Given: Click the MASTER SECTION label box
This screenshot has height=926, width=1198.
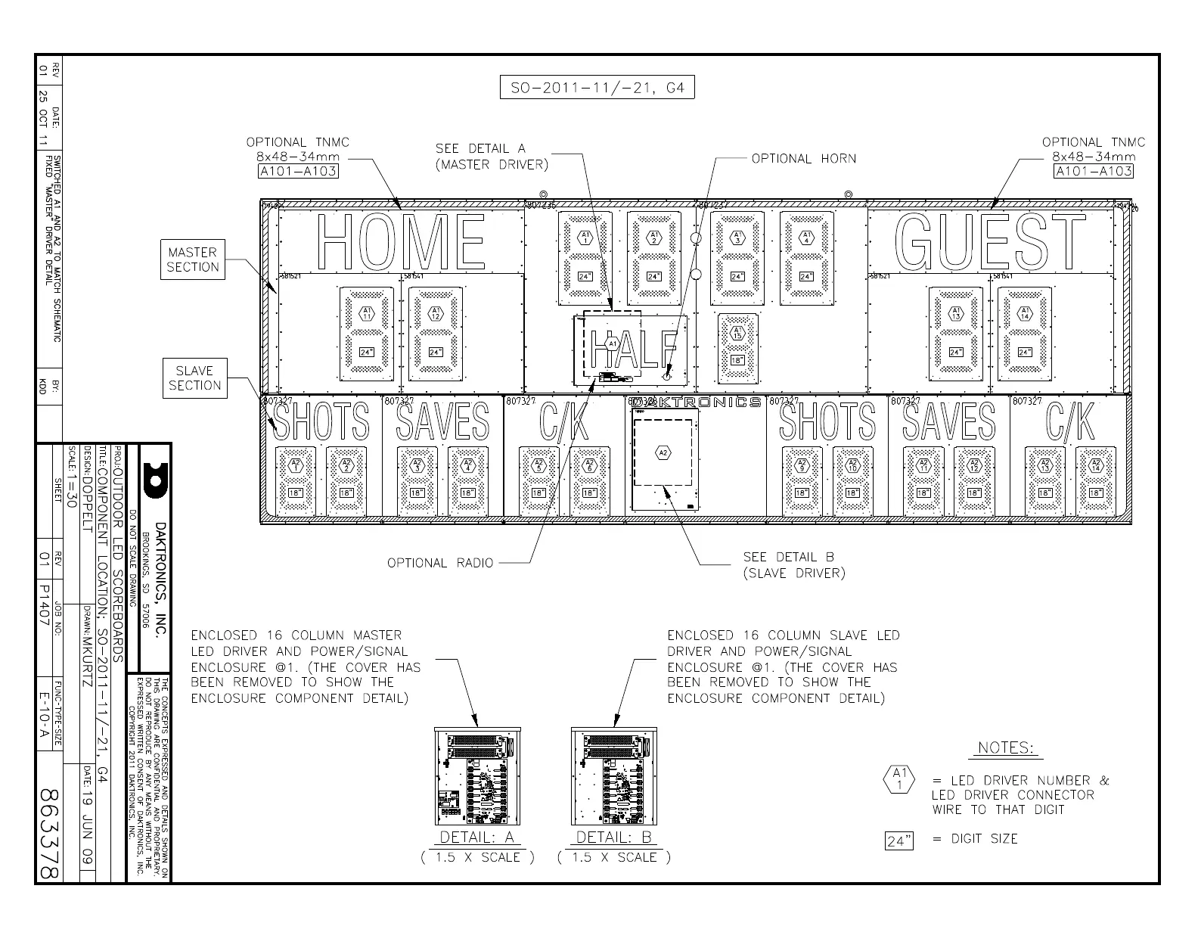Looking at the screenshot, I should click(x=192, y=259).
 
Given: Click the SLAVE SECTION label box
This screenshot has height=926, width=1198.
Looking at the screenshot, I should click(x=194, y=378).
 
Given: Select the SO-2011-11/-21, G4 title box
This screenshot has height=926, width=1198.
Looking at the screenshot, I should click(x=597, y=88).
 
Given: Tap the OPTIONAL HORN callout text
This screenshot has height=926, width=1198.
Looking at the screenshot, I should click(x=803, y=159).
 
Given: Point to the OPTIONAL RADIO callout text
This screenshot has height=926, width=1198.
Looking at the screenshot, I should click(x=439, y=563).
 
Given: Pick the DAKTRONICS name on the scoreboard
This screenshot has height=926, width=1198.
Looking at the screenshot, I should click(x=696, y=402).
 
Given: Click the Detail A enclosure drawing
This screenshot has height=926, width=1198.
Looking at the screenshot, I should click(x=477, y=776).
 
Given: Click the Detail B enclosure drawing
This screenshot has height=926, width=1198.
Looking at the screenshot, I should click(x=613, y=776).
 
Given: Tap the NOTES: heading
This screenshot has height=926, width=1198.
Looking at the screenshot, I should click(x=1005, y=748).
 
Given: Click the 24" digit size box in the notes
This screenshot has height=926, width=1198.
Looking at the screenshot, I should click(x=898, y=841).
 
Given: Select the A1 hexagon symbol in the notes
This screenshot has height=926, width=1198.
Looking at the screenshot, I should click(x=898, y=780).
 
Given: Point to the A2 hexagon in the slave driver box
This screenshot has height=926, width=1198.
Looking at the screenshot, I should click(x=663, y=452).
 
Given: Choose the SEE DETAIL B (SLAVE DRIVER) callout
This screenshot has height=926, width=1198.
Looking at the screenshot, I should click(x=793, y=565).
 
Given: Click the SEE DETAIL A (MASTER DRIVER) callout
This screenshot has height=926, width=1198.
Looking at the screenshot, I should click(x=492, y=157).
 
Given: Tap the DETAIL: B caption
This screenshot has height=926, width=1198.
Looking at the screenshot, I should click(x=613, y=837).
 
